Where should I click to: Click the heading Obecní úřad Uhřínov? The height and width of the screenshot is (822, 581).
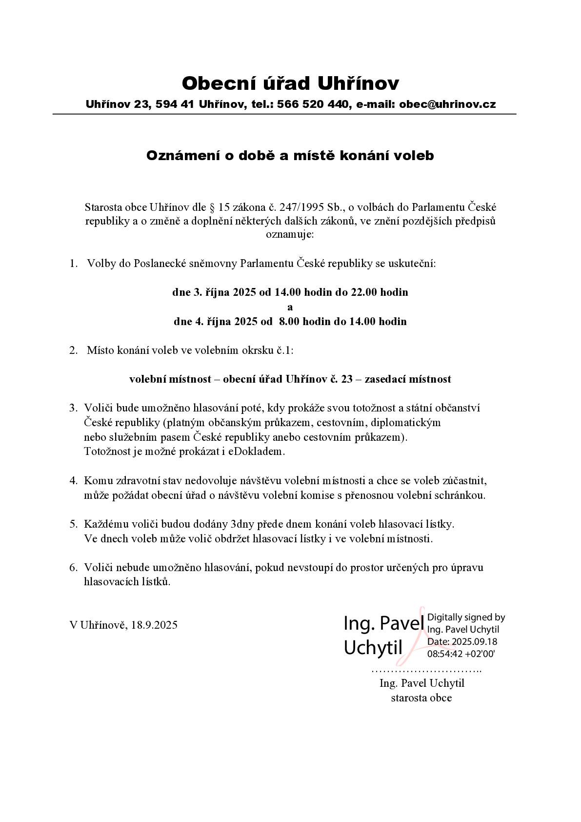[290, 83]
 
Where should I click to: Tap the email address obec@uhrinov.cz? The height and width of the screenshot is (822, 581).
[447, 104]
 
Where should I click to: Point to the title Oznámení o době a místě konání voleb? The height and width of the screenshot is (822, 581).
[290, 156]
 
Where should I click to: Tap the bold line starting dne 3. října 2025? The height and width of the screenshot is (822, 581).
[290, 292]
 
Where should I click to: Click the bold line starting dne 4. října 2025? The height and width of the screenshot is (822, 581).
[290, 322]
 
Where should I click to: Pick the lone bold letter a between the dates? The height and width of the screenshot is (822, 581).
[290, 308]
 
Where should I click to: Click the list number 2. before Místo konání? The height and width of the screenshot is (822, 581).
[74, 350]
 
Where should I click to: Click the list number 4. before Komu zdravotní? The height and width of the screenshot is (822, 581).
[74, 481]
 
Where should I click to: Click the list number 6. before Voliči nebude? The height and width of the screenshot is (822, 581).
[74, 568]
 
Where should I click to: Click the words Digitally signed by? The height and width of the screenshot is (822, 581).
[466, 617]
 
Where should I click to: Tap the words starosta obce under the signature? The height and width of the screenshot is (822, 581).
[421, 698]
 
